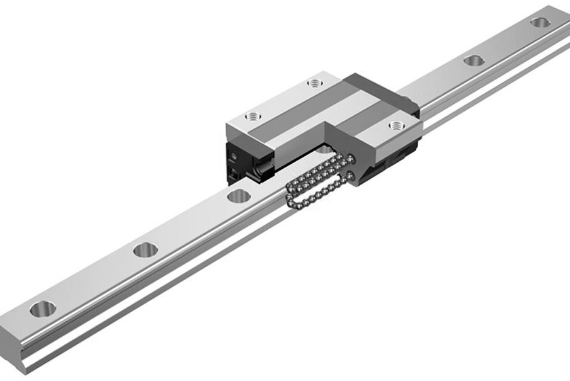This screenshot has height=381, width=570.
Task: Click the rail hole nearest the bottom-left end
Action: [42, 309]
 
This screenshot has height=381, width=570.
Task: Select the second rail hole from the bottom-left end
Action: [145, 249]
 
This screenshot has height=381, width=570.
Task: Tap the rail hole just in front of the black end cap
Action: [239, 195]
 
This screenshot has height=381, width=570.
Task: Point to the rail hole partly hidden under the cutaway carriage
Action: [324, 149]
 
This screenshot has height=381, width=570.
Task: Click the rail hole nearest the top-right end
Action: [540, 23]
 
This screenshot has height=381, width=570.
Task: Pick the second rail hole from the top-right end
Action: [474, 60]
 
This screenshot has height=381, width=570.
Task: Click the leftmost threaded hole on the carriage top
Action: [253, 117]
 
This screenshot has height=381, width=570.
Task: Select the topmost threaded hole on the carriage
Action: [314, 83]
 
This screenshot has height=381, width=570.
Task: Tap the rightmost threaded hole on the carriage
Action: [396, 126]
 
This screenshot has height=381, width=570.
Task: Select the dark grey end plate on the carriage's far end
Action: [378, 88]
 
